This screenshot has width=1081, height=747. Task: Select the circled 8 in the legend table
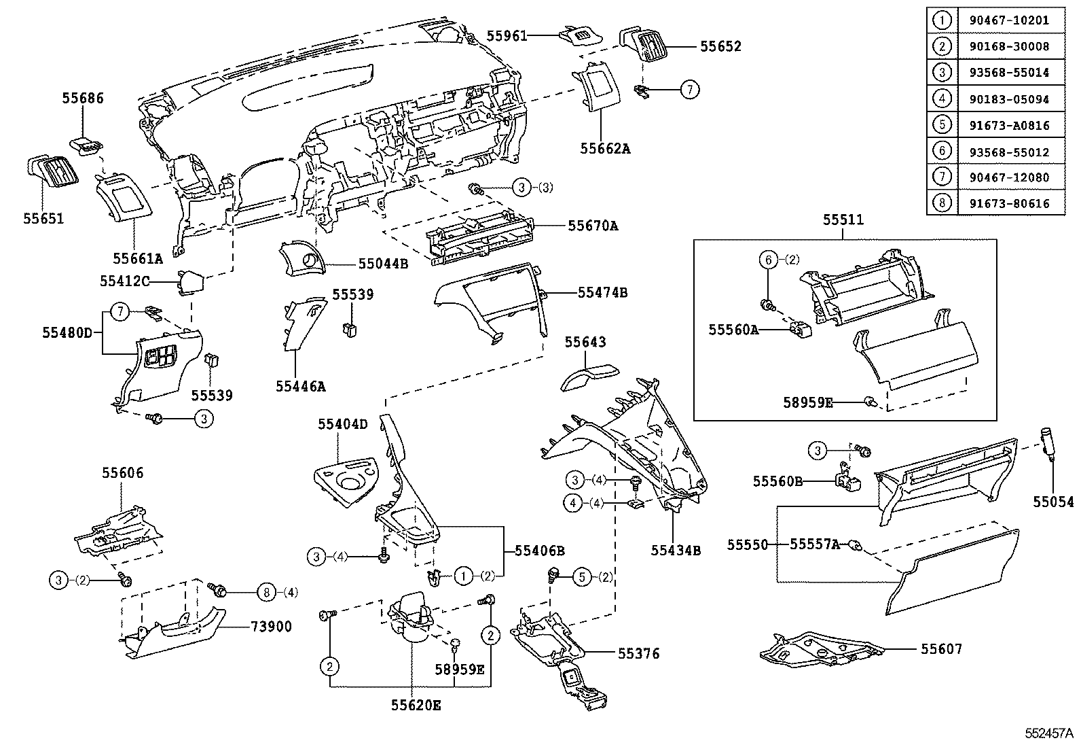pos(942,203)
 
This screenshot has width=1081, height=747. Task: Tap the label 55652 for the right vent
pos(720,47)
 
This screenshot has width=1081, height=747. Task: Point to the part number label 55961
pos(507,35)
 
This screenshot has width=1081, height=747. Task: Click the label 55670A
pos(593,226)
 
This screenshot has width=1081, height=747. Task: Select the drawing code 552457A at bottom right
pos(1050,734)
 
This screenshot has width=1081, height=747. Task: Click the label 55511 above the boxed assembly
pos(843,220)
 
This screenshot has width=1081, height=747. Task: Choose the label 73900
pos(271,626)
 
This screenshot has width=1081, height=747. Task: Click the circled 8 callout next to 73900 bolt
pos(267,593)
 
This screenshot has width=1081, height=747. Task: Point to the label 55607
pos(941,649)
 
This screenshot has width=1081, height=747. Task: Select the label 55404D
pos(342,425)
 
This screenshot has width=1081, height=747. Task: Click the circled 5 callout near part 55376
pos(583,577)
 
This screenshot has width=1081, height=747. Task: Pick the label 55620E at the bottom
pos(416,706)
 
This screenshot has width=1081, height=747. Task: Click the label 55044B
pos(383,264)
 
